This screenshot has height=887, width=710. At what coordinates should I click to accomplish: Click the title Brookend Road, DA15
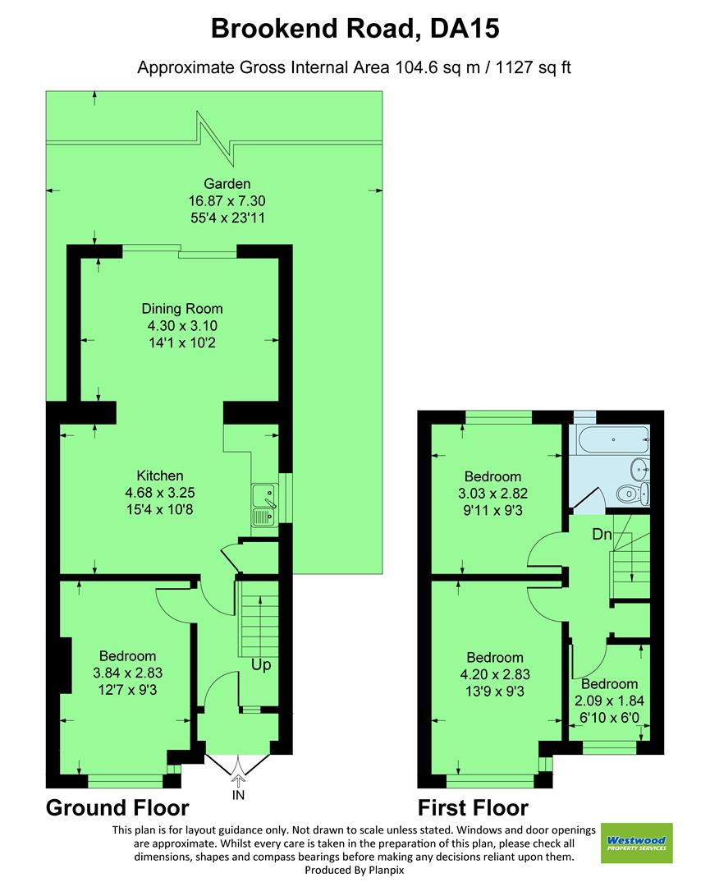(x=355, y=29)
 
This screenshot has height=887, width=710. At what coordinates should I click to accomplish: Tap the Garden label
(x=227, y=184)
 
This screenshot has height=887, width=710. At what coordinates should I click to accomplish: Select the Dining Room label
(x=182, y=309)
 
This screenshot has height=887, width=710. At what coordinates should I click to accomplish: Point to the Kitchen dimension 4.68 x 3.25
(x=160, y=493)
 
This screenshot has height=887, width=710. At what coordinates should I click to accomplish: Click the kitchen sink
(x=265, y=506)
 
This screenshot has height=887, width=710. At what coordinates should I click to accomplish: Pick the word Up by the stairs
(x=261, y=664)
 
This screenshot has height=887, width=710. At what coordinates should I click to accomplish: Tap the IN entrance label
(x=239, y=795)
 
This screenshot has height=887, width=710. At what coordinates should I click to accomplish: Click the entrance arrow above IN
(x=239, y=779)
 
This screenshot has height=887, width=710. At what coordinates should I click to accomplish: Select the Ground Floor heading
(x=117, y=807)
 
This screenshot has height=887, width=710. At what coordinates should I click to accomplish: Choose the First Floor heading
(x=473, y=807)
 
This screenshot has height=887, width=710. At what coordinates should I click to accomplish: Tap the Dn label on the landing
(x=602, y=534)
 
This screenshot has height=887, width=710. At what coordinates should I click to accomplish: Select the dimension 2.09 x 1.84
(x=610, y=701)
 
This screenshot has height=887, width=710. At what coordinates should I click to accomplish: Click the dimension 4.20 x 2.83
(x=495, y=675)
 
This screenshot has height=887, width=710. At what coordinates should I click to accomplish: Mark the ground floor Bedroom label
(x=127, y=656)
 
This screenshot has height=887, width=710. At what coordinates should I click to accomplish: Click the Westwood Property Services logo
(x=636, y=843)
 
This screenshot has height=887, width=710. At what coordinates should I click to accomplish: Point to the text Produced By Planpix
(x=355, y=870)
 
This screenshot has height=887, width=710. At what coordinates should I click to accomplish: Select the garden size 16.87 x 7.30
(x=227, y=201)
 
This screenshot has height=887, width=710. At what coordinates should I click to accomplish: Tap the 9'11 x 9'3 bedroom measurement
(x=493, y=510)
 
